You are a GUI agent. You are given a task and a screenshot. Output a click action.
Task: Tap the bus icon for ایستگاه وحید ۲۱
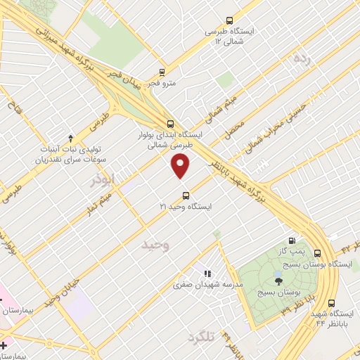[186, 195]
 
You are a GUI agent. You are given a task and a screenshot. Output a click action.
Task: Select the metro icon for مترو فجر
[162, 72]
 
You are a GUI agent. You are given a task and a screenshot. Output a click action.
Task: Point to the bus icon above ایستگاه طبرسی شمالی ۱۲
[229, 21]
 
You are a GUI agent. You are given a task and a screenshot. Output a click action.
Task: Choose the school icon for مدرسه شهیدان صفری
[207, 274]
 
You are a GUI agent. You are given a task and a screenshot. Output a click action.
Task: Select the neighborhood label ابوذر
[101, 181]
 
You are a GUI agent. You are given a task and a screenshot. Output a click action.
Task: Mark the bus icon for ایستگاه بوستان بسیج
[318, 254]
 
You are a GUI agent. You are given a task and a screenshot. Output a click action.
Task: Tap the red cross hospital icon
[4, 345]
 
